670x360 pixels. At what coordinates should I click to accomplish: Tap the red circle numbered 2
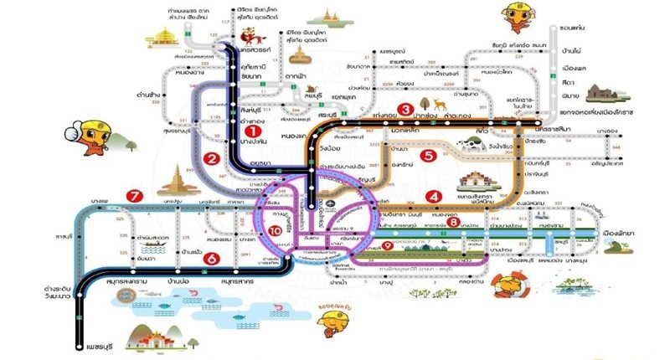213,158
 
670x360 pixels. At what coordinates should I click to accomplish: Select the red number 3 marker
405,109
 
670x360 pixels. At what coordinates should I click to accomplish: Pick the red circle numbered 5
429,155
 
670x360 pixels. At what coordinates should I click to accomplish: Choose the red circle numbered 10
274,231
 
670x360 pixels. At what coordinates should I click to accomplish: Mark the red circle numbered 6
213,260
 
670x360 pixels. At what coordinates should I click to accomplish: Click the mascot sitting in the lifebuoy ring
505,285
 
